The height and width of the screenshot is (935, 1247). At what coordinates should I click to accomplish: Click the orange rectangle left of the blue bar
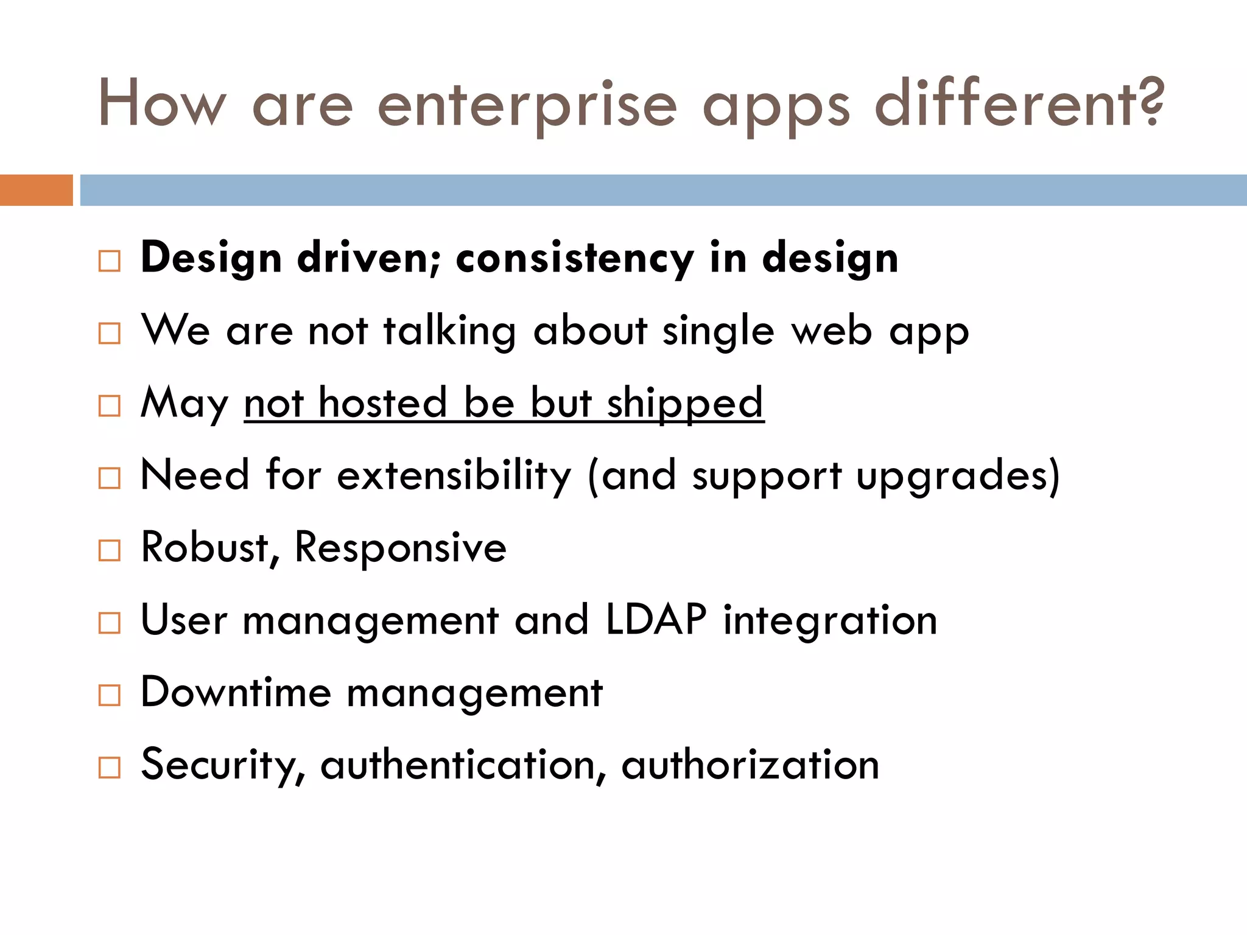coord(36,190)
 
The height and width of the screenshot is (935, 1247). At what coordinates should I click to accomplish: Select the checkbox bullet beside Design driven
coord(110,261)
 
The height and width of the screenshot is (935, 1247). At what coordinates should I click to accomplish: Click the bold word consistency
coord(574,259)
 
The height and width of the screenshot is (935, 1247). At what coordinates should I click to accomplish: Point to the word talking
coord(450,332)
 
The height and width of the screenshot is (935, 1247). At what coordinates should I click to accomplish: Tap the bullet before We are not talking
coord(110,334)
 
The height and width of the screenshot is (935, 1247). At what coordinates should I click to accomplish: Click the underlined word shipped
coord(685,404)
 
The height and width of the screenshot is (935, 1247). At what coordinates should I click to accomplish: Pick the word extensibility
coord(454,475)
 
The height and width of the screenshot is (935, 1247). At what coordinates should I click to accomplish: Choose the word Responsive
coord(400,547)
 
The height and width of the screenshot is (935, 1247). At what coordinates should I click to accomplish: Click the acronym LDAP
coord(656,620)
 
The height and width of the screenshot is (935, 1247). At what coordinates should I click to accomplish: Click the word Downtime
coord(236,692)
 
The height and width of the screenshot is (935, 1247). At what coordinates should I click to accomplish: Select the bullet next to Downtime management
coord(110,695)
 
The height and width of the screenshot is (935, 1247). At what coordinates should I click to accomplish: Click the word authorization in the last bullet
coord(750,765)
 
